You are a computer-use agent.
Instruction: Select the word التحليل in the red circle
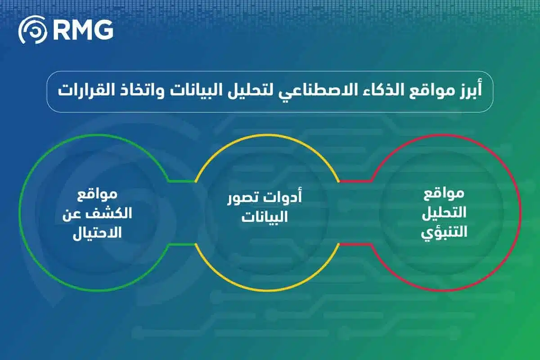coord(444,214)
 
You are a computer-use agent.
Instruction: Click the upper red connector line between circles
coord(355,181)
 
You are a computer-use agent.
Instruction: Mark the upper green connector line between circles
coord(182,181)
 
